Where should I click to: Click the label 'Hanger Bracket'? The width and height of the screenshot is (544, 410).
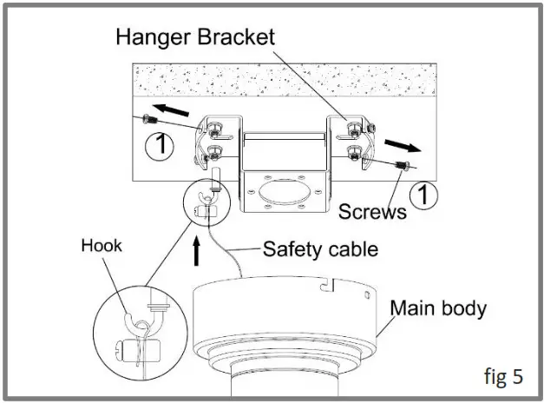197,36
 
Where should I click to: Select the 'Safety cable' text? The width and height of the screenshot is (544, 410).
320,249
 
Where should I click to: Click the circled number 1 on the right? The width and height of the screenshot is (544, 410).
423,196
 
